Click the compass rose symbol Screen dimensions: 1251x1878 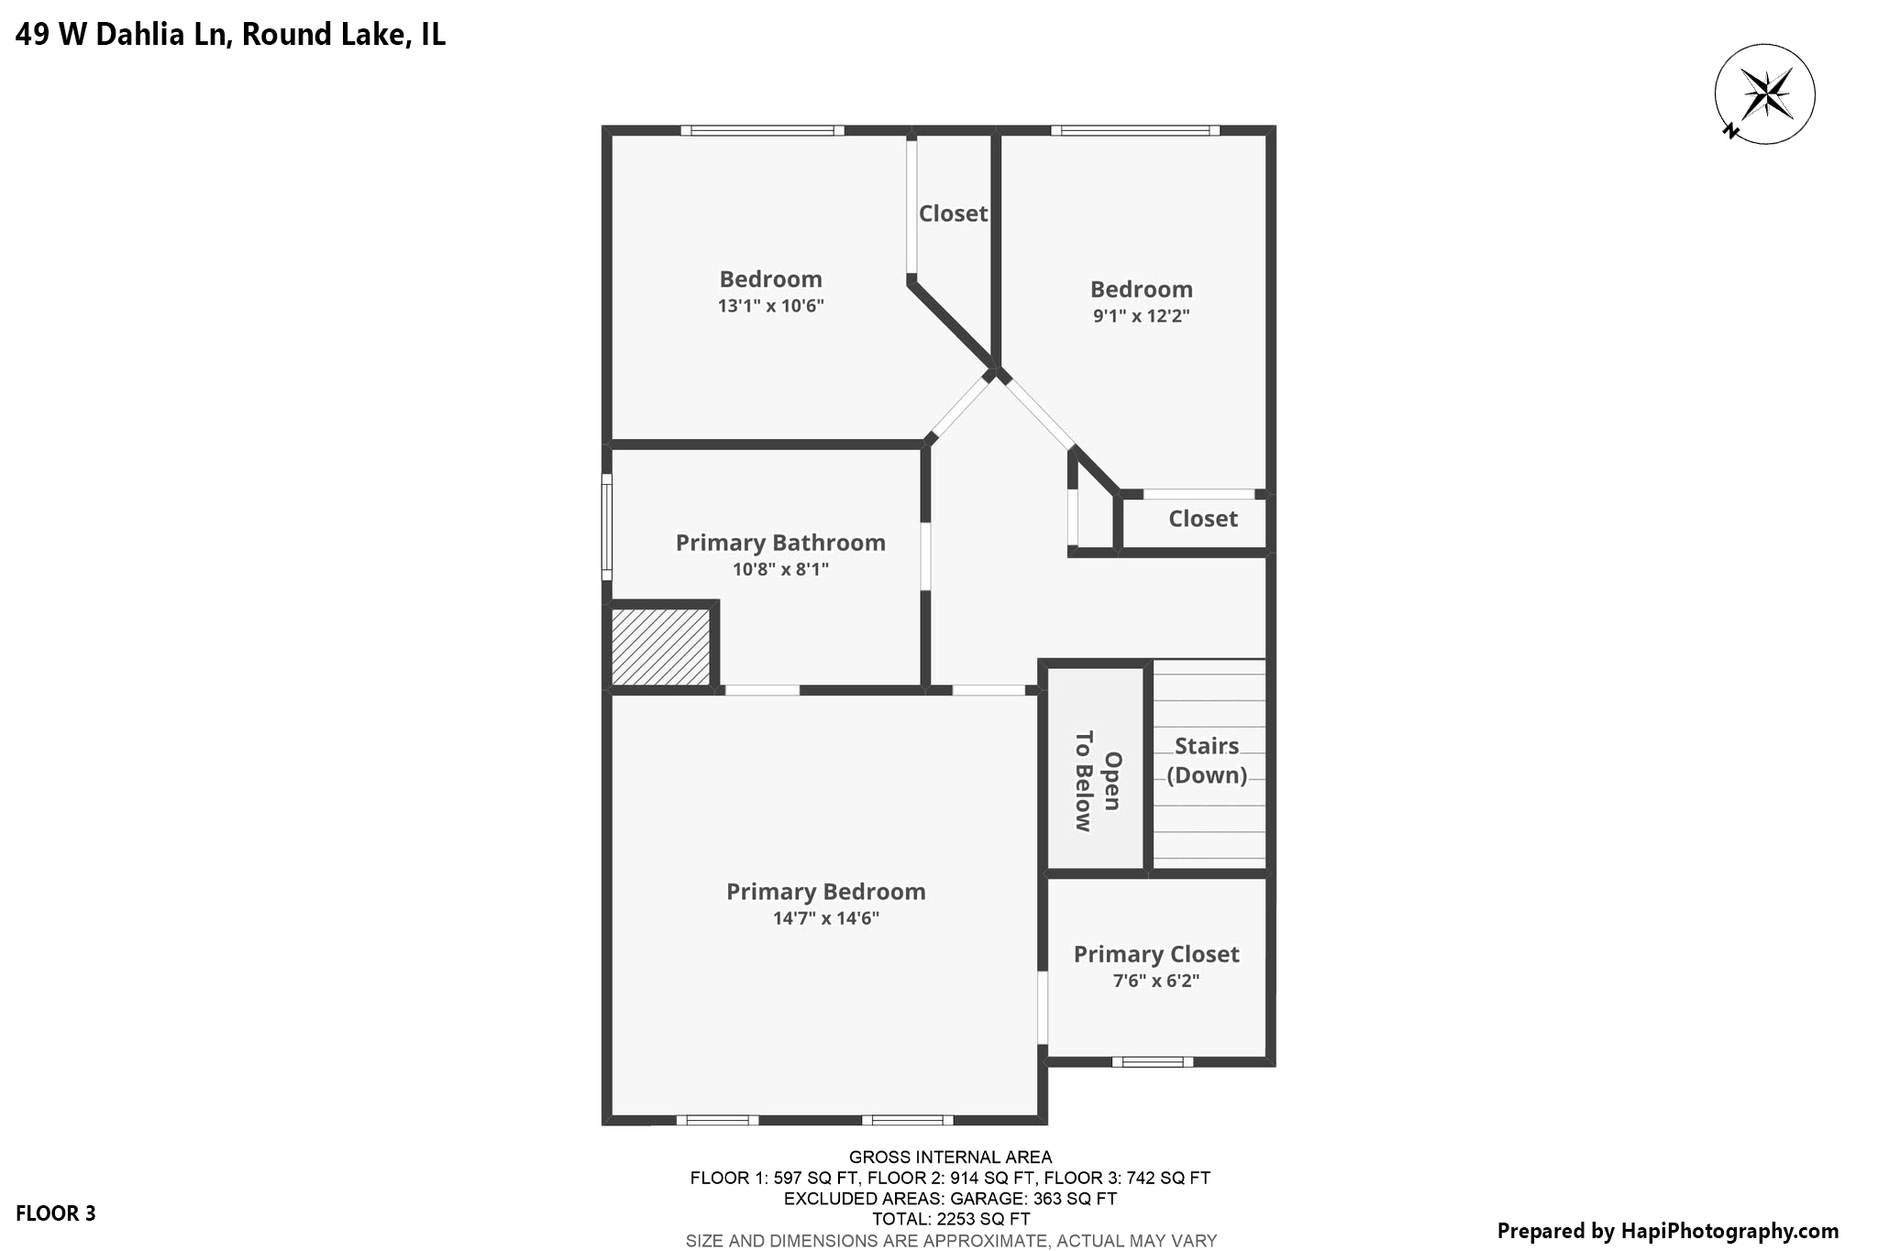coord(1765,93)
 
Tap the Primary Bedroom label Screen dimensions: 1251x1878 coord(825,892)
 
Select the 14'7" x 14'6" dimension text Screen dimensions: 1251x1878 coord(825,918)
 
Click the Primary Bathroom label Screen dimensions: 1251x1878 coord(780,543)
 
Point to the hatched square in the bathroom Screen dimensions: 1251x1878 coord(661,646)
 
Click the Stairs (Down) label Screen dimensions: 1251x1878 coord(1207,761)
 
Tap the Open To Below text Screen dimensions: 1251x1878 coord(1098,781)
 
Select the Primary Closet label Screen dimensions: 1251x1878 coord(1156,954)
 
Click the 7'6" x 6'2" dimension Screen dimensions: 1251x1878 coord(1156,981)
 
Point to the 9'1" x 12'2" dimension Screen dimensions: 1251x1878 coord(1141,316)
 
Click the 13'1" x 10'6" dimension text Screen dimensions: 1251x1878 coord(770,306)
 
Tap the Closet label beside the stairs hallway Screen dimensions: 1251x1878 coord(1202,519)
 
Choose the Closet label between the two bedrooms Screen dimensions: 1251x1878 coord(953,214)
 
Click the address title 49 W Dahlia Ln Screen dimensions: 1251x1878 coord(230,35)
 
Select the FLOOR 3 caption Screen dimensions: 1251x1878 coord(56,1213)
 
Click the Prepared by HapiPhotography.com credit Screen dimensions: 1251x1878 coord(1667,1231)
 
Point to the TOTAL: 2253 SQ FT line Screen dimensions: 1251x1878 coord(951,1219)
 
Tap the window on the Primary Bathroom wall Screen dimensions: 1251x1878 coord(606,527)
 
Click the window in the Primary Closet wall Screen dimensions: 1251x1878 coord(1153,1062)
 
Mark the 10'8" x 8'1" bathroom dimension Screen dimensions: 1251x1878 coord(780,569)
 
